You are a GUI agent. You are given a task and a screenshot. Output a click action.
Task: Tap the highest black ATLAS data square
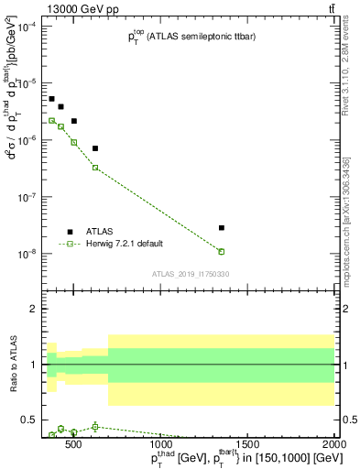pos(52,99)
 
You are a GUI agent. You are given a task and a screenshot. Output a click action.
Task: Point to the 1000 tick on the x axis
pos(160,444)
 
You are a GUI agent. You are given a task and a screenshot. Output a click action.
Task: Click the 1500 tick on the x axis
pos(247,444)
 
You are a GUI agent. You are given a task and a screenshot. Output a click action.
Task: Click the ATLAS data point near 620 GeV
pos(95,148)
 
